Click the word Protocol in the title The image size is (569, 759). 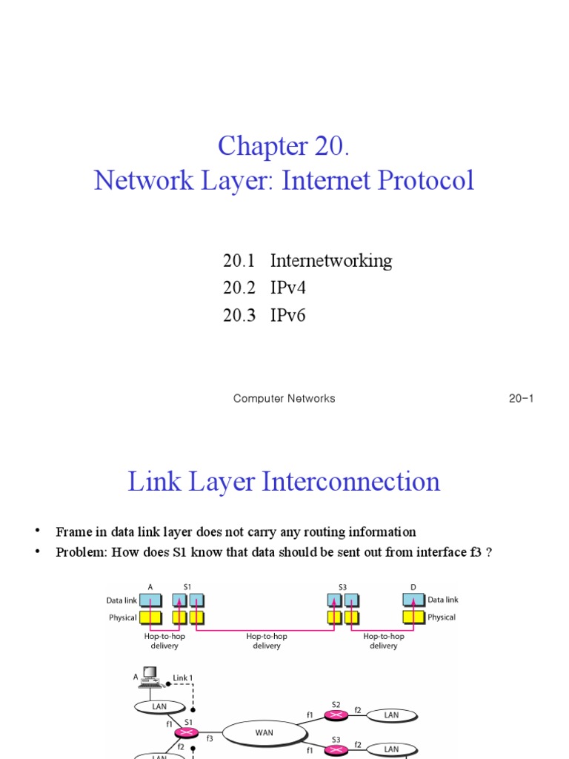click(x=427, y=180)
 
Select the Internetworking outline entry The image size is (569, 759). click(x=331, y=261)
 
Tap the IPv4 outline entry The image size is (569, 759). click(x=287, y=288)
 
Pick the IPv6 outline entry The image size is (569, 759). click(x=287, y=316)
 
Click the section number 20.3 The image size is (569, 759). click(x=238, y=316)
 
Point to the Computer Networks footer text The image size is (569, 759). click(x=284, y=399)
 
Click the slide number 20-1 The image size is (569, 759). click(x=521, y=399)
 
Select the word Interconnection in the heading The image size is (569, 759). click(x=352, y=482)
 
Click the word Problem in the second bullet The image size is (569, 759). click(x=79, y=552)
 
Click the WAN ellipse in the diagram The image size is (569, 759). click(x=264, y=732)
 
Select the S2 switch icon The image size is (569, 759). click(x=336, y=715)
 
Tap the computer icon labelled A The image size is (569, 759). click(x=151, y=675)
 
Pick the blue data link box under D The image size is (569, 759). click(x=413, y=600)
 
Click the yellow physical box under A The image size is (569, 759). click(x=150, y=617)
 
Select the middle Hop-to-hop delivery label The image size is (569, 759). click(x=267, y=641)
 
